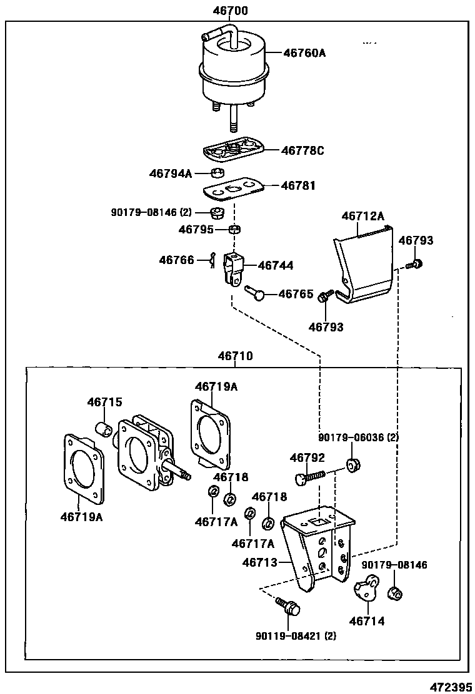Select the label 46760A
pyautogui.click(x=304, y=53)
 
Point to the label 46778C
pyautogui.click(x=302, y=150)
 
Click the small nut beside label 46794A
pyautogui.click(x=216, y=173)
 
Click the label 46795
pyautogui.click(x=196, y=229)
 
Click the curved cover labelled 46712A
pyautogui.click(x=362, y=265)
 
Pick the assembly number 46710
pyautogui.click(x=235, y=356)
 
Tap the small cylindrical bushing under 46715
pyautogui.click(x=104, y=429)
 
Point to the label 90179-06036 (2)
pyautogui.click(x=357, y=438)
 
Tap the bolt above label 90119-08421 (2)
pyautogui.click(x=288, y=605)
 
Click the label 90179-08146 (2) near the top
pyautogui.click(x=151, y=212)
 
